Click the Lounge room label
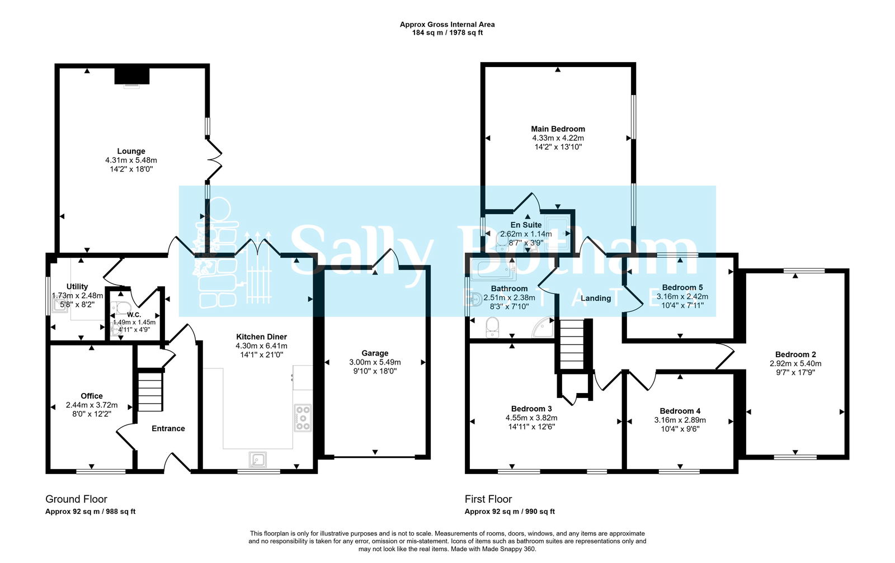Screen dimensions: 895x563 (131, 152)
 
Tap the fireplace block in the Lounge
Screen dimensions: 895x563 (132, 76)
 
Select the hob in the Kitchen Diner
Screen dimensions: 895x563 (303, 418)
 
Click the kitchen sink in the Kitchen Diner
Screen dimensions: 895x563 (258, 460)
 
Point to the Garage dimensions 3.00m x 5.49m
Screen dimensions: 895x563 (375, 362)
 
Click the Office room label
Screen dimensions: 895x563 (92, 396)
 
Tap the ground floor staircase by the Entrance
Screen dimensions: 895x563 (150, 391)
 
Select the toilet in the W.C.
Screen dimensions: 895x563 (120, 308)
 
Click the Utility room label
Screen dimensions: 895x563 (77, 287)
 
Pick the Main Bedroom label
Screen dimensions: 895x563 (558, 129)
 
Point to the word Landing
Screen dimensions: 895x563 (596, 298)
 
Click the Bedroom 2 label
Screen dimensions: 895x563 (795, 354)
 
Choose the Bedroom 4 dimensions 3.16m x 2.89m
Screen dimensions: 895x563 (680, 420)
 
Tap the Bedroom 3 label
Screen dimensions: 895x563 (531, 409)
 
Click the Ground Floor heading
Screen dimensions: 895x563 (76, 499)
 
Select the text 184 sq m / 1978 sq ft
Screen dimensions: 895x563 (447, 33)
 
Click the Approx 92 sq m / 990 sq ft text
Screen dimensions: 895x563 (510, 512)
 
